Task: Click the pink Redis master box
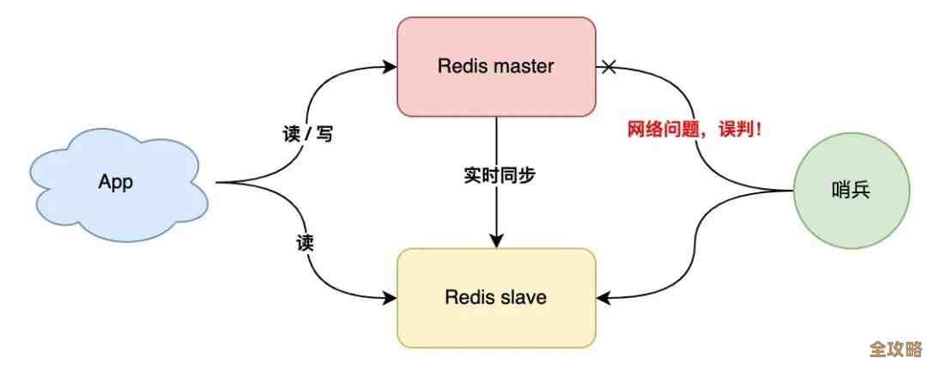point(496,66)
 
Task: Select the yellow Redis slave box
point(496,297)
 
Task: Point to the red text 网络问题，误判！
point(695,131)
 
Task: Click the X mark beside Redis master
point(609,65)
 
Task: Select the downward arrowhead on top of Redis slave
point(497,241)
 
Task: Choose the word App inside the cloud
point(116,182)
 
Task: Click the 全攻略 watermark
point(894,350)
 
